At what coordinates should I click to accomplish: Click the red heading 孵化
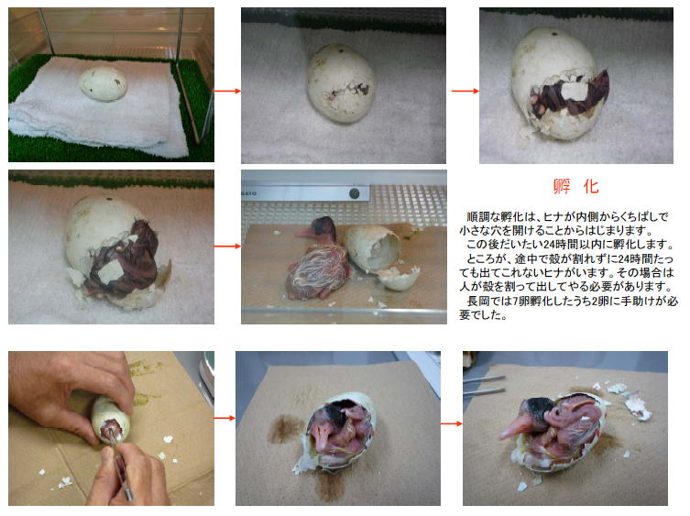pos(575,187)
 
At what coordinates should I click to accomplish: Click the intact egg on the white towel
pos(103,83)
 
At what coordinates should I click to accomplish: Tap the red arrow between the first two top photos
pos(227,91)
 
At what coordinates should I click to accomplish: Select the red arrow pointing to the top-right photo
pos(465,91)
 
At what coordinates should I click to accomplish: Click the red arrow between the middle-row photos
pos(227,247)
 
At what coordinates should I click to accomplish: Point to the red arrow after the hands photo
pos(225,418)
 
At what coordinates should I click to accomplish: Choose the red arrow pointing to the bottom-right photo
pos(452,423)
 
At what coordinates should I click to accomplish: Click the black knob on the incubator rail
pos(355,192)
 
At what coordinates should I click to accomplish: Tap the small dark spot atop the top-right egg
pos(556,34)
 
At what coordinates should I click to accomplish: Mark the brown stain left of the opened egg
pos(285,429)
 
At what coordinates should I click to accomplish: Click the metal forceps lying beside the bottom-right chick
pos(484,385)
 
